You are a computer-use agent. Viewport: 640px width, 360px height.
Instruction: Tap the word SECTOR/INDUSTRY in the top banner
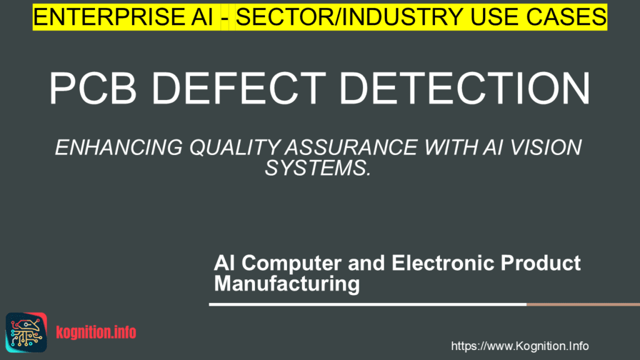[x=335, y=17]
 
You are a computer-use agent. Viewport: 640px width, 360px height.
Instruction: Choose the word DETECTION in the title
[x=466, y=89]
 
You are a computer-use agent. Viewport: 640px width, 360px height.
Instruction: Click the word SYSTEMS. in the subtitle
[x=319, y=167]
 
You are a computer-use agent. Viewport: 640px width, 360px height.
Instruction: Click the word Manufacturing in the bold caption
[x=287, y=284]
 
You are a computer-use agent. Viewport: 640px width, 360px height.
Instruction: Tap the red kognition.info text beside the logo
[x=96, y=332]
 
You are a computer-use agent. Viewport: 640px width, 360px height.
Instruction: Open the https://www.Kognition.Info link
[x=519, y=346]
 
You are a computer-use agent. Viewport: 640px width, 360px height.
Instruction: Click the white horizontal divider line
[x=367, y=305]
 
